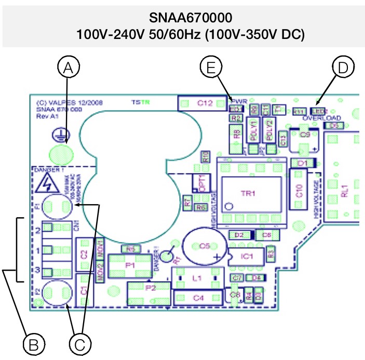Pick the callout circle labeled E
(x=210, y=68)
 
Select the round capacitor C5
(x=206, y=245)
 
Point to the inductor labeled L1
(x=197, y=279)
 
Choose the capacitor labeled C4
(x=199, y=298)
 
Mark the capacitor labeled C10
(x=299, y=191)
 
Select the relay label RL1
(x=344, y=191)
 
